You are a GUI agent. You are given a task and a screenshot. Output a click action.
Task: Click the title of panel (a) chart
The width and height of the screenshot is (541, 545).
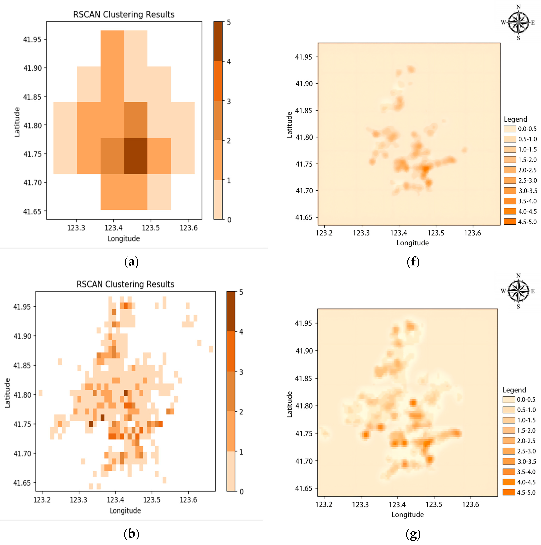pos(124,14)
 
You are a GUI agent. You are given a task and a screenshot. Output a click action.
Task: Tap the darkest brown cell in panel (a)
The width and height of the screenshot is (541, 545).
pos(136,156)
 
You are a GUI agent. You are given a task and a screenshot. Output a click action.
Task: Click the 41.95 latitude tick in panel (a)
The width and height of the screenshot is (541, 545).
pos(32,39)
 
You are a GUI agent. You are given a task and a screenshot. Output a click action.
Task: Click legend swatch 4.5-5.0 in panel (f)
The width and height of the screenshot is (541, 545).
pos(510,222)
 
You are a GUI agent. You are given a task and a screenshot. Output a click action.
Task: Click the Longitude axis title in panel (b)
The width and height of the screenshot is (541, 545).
pos(125,511)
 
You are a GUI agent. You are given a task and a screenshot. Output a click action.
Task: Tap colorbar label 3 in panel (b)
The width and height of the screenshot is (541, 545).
pos(241,372)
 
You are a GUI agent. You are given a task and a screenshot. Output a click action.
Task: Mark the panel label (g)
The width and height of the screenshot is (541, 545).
pos(413,534)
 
